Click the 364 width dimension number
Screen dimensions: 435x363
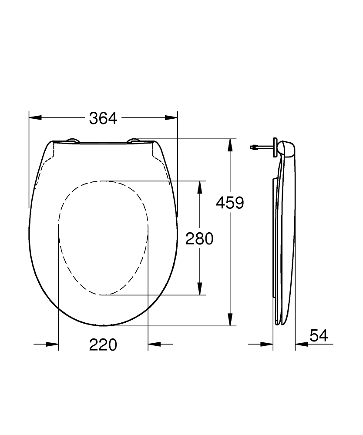pos(103,118)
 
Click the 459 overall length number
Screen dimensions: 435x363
pos(231,202)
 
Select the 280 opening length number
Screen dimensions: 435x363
pos(199,238)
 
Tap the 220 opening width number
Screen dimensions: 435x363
pos(103,345)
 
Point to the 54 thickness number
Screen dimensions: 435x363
pos(319,335)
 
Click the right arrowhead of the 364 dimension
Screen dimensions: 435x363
pos(172,118)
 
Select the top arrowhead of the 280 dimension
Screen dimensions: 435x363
pos(199,187)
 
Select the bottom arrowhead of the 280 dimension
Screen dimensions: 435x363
pos(199,289)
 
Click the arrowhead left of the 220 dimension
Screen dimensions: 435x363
pos(52,344)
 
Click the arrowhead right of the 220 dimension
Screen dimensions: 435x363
pos(154,344)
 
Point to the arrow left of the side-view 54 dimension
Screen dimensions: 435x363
pos(266,344)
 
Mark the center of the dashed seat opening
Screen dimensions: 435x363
pos(103,238)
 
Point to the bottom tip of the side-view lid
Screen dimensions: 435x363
pos(280,323)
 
